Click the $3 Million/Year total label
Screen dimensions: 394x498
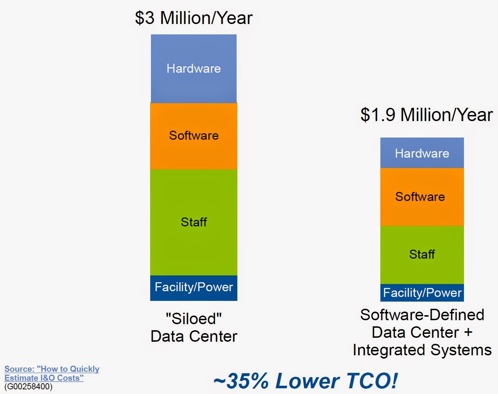194,18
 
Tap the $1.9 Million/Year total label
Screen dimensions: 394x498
426,115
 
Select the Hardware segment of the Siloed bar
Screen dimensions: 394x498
194,68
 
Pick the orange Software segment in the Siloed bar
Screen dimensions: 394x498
194,135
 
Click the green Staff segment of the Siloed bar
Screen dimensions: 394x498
194,222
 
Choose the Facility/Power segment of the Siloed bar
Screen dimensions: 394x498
194,287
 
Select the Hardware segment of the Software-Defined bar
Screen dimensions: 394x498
422,153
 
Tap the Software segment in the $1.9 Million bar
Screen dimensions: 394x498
420,197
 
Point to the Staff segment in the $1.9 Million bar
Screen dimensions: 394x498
422,254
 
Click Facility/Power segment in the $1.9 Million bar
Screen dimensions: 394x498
422,293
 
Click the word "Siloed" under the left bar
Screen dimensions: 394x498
194,318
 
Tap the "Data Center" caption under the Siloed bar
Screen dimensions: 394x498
194,336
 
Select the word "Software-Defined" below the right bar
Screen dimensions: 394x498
422,315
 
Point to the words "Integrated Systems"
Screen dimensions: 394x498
422,350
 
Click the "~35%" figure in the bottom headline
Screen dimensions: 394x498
241,380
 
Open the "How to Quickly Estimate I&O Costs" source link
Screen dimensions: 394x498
52,373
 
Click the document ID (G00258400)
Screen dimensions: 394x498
28,387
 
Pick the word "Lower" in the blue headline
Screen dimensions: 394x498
307,380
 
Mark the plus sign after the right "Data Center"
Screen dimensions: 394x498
468,332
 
